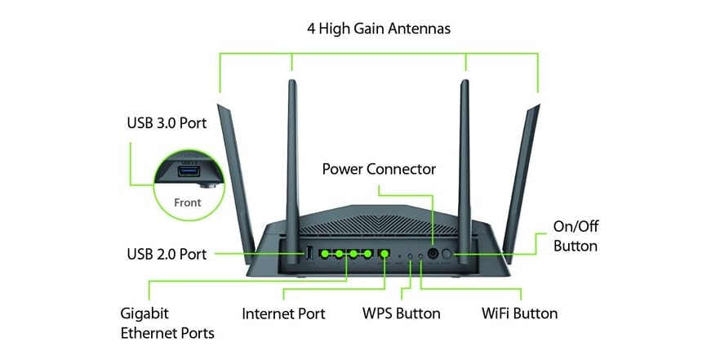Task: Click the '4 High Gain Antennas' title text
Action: tap(378, 29)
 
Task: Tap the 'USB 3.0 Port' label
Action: tap(167, 123)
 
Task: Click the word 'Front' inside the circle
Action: tap(188, 202)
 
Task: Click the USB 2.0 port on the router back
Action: tap(310, 255)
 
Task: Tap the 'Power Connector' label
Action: tap(379, 169)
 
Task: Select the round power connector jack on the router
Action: tap(433, 255)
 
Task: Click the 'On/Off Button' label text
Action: tap(576, 238)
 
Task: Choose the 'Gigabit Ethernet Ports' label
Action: tap(167, 322)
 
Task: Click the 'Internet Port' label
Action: tap(283, 313)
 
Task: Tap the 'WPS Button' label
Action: tap(401, 313)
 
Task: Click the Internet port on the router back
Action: tap(384, 254)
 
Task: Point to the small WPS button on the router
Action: tap(410, 256)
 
